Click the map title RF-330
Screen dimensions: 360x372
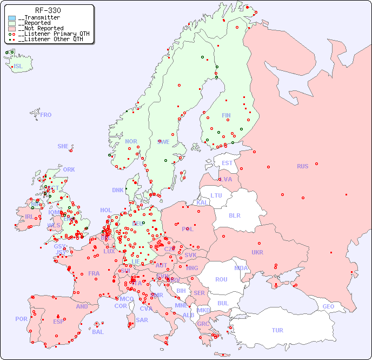(x=48, y=10)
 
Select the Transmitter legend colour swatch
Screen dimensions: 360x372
(x=12, y=18)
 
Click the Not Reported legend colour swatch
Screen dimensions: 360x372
(x=12, y=29)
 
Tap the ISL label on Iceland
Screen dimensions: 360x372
(x=18, y=67)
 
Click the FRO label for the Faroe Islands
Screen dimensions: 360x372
(x=46, y=115)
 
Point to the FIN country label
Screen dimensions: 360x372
(x=226, y=115)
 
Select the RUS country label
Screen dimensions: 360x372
(x=302, y=166)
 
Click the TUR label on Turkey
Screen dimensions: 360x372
(x=277, y=330)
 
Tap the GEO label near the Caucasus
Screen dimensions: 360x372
(x=328, y=306)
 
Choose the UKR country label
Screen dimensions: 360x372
(x=257, y=252)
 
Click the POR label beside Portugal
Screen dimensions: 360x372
(x=21, y=319)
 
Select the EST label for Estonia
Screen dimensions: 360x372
(x=227, y=163)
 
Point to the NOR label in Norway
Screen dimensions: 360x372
(x=131, y=141)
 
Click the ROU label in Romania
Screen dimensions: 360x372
(x=221, y=279)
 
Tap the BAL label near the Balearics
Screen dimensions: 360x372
(x=98, y=332)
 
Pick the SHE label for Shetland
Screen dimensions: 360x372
(x=63, y=146)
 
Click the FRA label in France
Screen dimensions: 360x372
(x=94, y=273)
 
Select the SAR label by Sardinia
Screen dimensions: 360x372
(x=142, y=320)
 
